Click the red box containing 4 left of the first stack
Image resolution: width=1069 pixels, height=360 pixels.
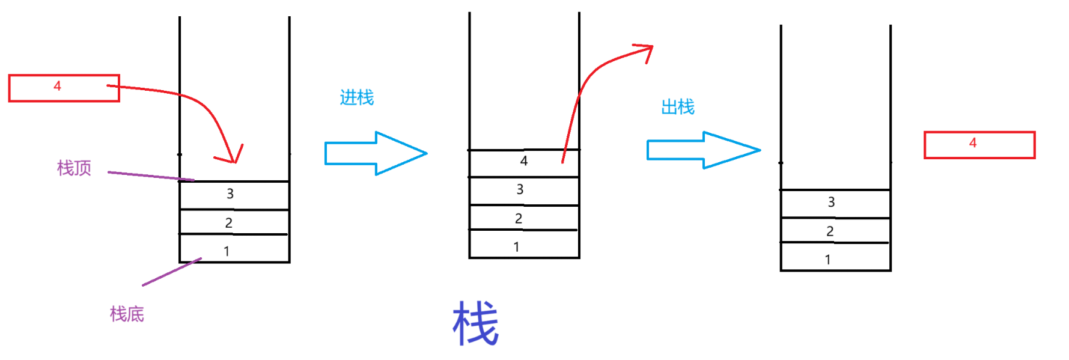pos(64,88)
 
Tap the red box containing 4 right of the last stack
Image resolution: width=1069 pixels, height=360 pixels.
pos(979,145)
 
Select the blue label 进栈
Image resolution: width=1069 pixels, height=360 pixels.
pos(357,97)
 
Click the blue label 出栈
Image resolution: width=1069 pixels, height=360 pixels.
pos(678,107)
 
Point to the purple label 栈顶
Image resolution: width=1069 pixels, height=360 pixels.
pos(74,168)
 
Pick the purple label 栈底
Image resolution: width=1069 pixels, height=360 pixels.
pos(127,314)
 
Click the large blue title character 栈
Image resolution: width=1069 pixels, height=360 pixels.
pos(475,324)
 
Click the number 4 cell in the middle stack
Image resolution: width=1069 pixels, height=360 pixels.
pos(524,163)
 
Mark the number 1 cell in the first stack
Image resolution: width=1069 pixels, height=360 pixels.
pos(234,249)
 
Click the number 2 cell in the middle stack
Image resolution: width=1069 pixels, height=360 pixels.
pos(524,218)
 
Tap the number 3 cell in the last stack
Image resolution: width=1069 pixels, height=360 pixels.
pos(835,204)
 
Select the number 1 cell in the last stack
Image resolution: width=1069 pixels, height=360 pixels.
pos(835,257)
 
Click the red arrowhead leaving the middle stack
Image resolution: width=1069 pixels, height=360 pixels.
pos(645,50)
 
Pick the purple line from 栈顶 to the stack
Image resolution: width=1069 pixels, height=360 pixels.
pos(150,175)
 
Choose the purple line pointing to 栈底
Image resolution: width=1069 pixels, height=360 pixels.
pos(171,272)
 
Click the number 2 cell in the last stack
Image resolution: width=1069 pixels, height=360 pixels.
pos(835,230)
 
